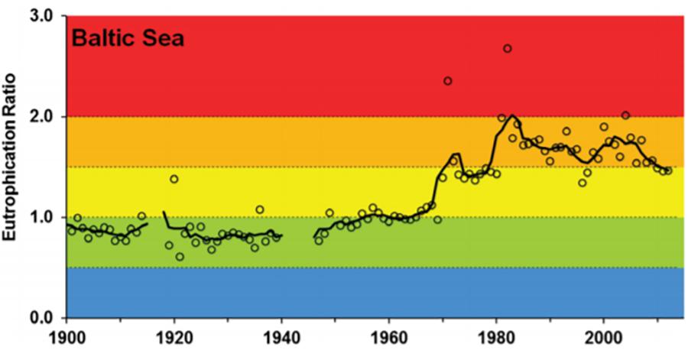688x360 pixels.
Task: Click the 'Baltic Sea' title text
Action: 127,37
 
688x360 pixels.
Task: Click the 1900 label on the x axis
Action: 67,336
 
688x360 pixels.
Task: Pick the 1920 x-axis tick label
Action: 174,336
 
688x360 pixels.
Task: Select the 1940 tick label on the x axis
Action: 281,336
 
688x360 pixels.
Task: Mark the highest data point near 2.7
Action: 507,49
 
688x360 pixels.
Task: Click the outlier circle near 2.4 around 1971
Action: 448,81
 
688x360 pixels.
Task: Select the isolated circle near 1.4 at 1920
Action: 174,179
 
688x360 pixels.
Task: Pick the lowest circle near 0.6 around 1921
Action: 180,257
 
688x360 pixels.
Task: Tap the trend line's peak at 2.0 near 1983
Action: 512,116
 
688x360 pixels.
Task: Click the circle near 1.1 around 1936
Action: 260,209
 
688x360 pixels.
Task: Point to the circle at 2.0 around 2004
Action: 625,115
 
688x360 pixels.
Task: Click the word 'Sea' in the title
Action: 160,37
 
